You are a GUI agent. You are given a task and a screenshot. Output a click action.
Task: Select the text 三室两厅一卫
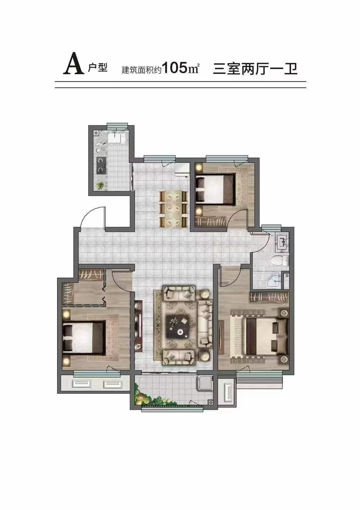coord(255,69)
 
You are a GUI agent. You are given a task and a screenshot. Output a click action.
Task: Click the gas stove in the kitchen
coord(100,165)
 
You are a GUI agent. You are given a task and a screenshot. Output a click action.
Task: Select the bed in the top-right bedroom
coord(215,189)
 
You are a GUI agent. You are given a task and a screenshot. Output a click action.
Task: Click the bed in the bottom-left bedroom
coord(84,337)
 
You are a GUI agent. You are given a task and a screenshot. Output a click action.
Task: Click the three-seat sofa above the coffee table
coord(179,293)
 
